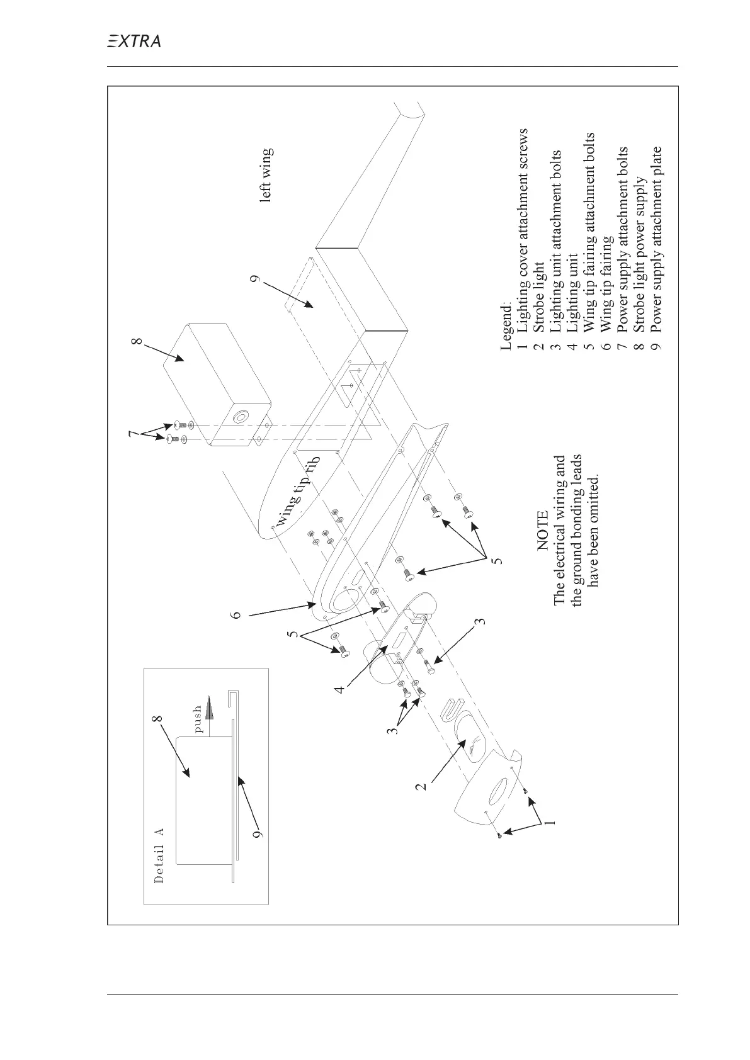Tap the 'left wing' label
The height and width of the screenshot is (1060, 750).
(267, 174)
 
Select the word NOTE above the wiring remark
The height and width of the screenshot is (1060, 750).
(543, 533)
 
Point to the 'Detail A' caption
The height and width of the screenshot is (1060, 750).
(159, 855)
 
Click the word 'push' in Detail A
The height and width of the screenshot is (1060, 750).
(198, 719)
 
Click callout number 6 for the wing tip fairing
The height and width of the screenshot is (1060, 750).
(236, 614)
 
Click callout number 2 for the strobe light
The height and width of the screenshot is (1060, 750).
(425, 785)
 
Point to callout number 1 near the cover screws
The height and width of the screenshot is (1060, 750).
(549, 822)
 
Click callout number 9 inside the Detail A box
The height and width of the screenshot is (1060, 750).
(256, 835)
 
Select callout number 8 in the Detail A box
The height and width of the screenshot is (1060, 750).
(157, 718)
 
